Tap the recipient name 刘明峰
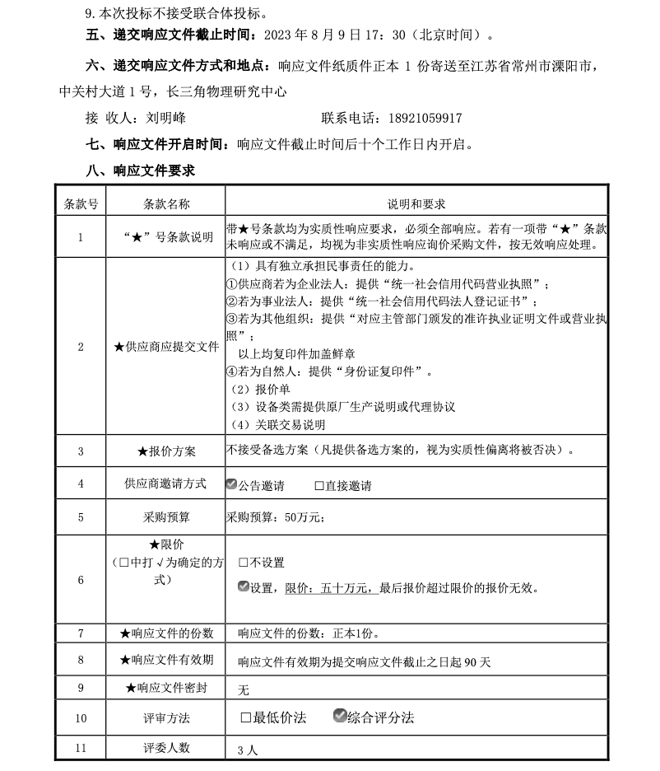pos(165,119)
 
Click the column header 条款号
pos(81,204)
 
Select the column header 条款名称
pos(166,204)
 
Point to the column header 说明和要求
pos(416,204)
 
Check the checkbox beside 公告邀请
pos(231,484)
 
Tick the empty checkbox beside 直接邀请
pos(319,486)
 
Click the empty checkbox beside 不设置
pos(243,563)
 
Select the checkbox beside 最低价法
pos(245,717)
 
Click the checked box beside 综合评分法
pos(339,717)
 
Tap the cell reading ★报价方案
pos(166,451)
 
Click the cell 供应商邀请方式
pos(166,484)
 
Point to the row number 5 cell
pos(81,517)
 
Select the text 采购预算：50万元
pos(275,517)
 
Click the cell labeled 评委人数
pos(166,748)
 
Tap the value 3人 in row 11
pos(247,750)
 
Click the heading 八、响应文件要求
pos(141,171)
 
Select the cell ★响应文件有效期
pos(166,660)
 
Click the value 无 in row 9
pos(243,689)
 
